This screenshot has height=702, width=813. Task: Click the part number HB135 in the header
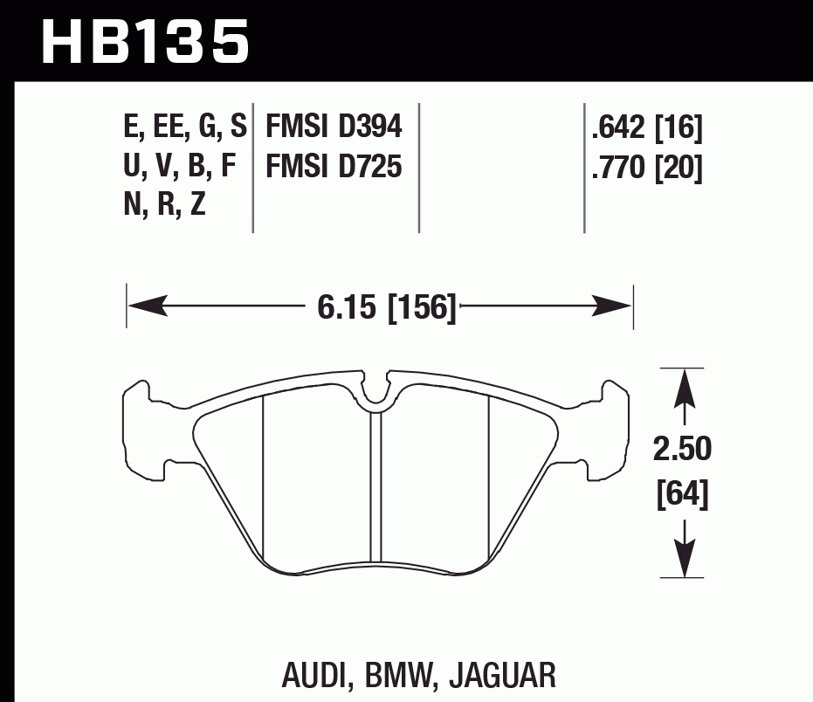(145, 40)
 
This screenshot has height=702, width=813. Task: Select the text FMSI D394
(334, 128)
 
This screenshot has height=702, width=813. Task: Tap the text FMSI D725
(334, 166)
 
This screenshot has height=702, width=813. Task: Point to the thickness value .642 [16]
(646, 129)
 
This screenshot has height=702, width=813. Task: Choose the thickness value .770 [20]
(646, 167)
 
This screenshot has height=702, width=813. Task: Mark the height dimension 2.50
(682, 450)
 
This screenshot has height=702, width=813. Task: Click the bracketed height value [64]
(682, 494)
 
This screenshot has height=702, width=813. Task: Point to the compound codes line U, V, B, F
(182, 166)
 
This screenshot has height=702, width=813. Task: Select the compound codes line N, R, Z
(165, 204)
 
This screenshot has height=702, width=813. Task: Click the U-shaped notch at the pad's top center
(377, 393)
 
